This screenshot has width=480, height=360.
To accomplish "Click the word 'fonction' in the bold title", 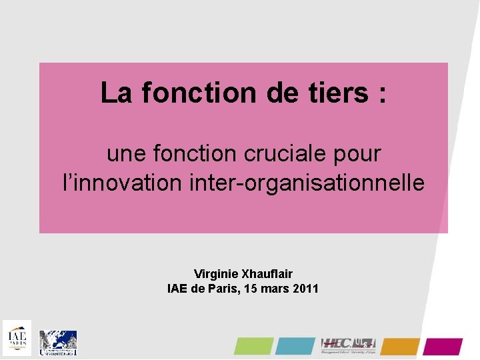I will (x=199, y=93).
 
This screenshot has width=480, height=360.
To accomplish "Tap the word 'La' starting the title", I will (x=117, y=93).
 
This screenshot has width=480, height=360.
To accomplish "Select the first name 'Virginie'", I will (x=214, y=274).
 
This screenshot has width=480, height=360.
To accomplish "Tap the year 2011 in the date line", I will (x=305, y=289).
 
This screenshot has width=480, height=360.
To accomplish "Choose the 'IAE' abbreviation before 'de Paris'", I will (x=177, y=289).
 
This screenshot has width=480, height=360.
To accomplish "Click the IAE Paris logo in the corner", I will (x=17, y=338).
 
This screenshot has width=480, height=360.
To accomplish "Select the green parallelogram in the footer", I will (x=253, y=346).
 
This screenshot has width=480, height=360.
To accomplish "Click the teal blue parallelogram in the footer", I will (x=295, y=346).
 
